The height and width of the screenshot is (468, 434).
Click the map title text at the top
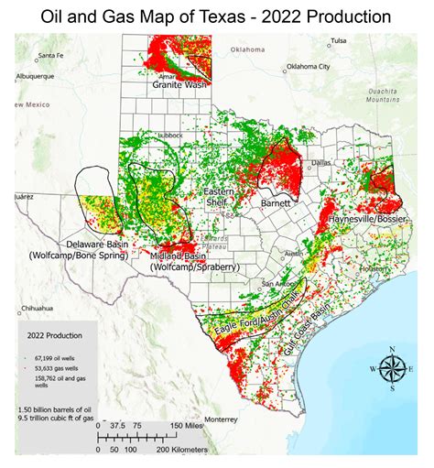217,16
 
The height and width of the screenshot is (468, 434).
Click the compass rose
392,367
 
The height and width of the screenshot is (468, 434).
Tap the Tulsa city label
339,41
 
